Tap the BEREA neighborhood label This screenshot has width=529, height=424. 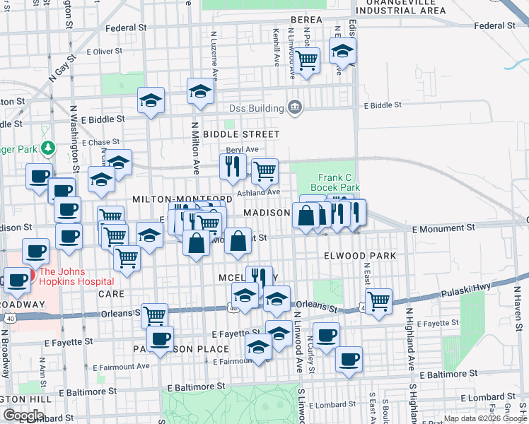click(306, 20)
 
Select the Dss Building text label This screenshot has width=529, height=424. click(255, 108)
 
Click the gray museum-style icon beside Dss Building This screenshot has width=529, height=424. click(296, 108)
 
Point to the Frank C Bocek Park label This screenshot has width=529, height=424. click(339, 182)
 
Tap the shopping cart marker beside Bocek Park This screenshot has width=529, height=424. click(264, 170)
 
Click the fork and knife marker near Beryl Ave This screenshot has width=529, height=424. click(231, 166)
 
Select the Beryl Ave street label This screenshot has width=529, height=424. click(243, 149)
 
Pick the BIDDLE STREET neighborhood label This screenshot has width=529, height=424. click(240, 134)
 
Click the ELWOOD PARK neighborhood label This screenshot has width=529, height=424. click(359, 254)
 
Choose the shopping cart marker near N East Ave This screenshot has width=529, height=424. click(379, 300)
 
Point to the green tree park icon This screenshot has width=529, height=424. click(47, 148)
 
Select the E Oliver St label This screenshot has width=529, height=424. click(104, 52)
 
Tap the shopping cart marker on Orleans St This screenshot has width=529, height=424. click(154, 314)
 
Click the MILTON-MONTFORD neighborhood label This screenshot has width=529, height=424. click(182, 200)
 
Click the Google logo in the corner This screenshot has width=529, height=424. click(23, 416)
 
